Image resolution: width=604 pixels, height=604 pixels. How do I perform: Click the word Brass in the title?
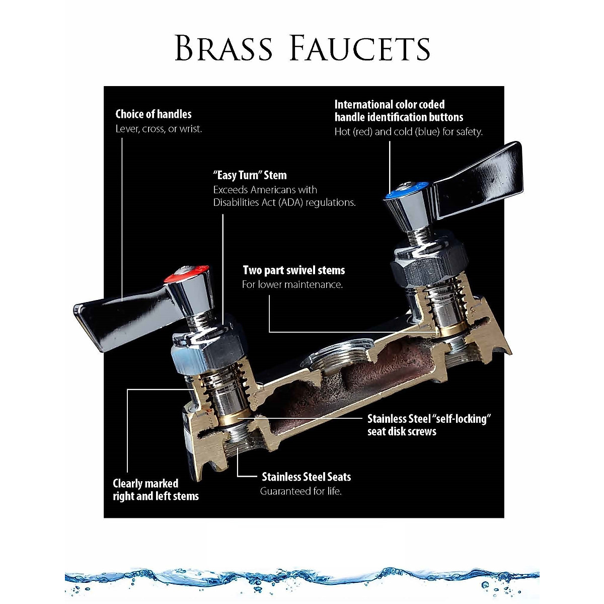223,48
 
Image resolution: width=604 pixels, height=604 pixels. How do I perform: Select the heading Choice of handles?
154,114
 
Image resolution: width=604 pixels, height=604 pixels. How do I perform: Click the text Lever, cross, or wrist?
159,129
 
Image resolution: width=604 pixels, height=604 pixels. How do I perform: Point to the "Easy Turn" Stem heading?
250,176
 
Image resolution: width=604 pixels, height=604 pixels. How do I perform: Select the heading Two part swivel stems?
293,270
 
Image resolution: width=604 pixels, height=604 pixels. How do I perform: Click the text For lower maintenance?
292,284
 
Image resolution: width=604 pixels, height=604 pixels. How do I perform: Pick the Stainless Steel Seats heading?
306,477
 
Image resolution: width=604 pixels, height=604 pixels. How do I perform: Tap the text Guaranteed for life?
300,491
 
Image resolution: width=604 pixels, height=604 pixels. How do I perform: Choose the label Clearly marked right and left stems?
156,490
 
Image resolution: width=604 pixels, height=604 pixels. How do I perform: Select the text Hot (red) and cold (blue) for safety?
408,132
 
